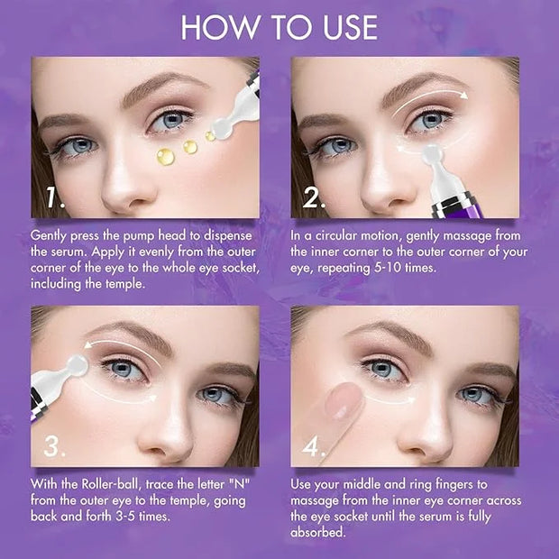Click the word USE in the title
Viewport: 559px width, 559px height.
click(x=351, y=27)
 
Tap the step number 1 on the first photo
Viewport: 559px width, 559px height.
click(x=55, y=197)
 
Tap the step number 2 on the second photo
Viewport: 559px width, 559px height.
click(x=314, y=197)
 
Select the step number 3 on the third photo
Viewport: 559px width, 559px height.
click(x=54, y=446)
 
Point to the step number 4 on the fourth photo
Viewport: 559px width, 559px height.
click(x=314, y=446)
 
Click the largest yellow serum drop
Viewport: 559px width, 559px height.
click(x=166, y=157)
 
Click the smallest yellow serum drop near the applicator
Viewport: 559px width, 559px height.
click(x=210, y=136)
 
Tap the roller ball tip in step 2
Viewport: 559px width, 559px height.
click(x=432, y=154)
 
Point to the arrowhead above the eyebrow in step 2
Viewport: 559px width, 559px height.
click(x=463, y=95)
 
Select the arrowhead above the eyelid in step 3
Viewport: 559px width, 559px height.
click(x=88, y=344)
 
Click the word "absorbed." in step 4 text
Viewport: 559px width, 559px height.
click(x=318, y=532)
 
